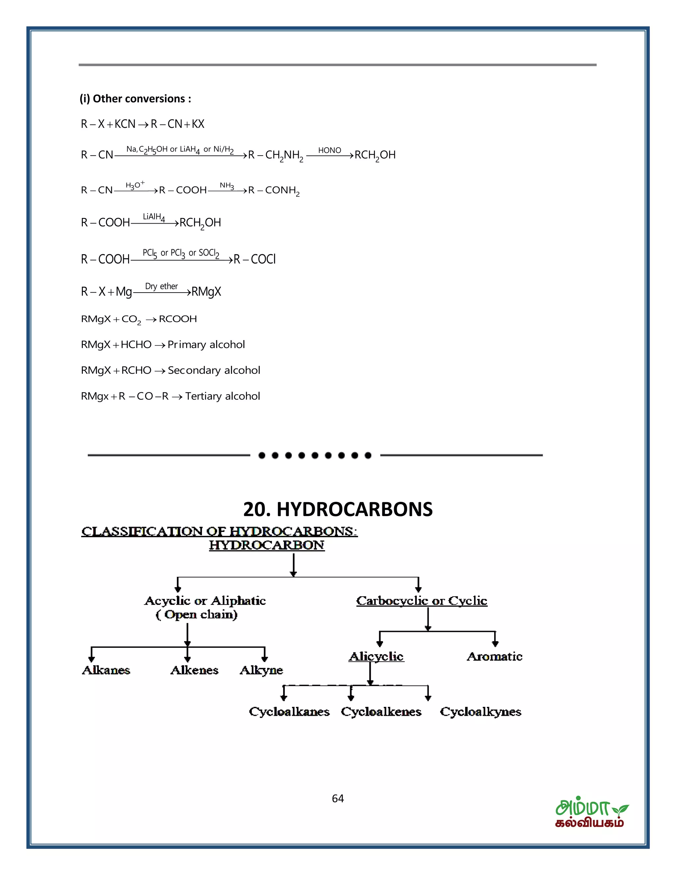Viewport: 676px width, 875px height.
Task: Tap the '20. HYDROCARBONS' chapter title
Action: pyautogui.click(x=338, y=509)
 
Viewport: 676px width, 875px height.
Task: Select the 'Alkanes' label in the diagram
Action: pyautogui.click(x=106, y=670)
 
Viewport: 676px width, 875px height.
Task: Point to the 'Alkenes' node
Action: pyautogui.click(x=195, y=670)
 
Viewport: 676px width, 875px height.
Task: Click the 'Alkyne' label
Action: pyautogui.click(x=261, y=670)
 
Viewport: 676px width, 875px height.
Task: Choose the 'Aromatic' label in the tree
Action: pyautogui.click(x=494, y=657)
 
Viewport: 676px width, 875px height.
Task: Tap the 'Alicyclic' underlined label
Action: pyautogui.click(x=376, y=657)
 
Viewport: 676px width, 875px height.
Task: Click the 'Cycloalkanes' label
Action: pyautogui.click(x=289, y=712)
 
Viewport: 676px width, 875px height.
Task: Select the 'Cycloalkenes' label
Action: pyautogui.click(x=381, y=712)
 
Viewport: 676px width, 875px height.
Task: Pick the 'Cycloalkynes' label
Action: pyautogui.click(x=481, y=712)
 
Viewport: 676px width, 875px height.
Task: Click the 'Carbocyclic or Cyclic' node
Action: pyautogui.click(x=422, y=601)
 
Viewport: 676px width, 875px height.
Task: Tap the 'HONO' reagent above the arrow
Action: pyautogui.click(x=330, y=150)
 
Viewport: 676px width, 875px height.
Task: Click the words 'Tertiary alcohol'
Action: pyautogui.click(x=223, y=396)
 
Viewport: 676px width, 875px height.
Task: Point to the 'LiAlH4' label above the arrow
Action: pyautogui.click(x=154, y=217)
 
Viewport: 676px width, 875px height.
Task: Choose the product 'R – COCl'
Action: pyautogui.click(x=255, y=259)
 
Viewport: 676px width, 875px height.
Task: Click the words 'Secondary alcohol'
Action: pyautogui.click(x=214, y=370)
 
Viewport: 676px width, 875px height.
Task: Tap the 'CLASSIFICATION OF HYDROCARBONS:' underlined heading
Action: pyautogui.click(x=219, y=532)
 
